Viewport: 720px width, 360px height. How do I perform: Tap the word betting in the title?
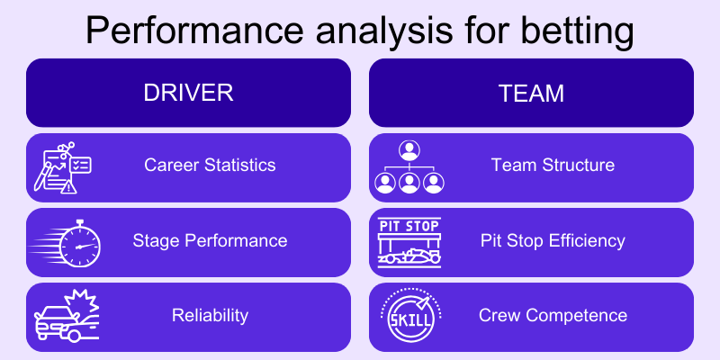(x=570, y=30)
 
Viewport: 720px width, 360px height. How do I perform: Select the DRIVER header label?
(x=188, y=93)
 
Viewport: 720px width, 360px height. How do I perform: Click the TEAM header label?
(x=531, y=93)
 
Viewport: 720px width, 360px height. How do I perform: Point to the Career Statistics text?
(x=210, y=166)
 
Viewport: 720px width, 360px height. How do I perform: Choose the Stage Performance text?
(x=210, y=240)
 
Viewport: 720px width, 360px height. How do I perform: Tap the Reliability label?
(x=210, y=315)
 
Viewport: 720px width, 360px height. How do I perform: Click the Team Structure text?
(x=553, y=166)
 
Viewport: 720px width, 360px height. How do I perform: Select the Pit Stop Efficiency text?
(x=553, y=240)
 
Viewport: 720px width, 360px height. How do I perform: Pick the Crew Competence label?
(x=553, y=315)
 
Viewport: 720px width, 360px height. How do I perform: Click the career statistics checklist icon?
(x=63, y=167)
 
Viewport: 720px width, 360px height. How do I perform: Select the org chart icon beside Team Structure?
(x=409, y=167)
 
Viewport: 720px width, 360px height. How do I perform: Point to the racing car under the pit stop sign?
(x=409, y=256)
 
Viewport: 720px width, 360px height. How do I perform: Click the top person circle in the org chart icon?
(x=409, y=150)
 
